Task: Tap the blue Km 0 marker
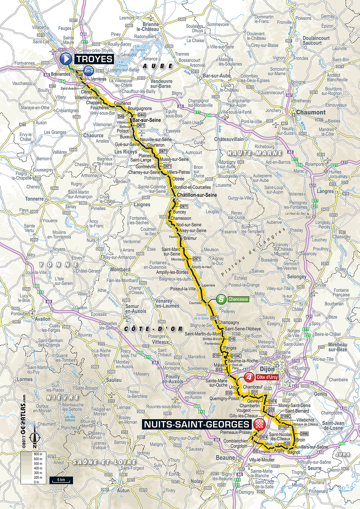coord(89,71)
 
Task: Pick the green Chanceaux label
coord(238,299)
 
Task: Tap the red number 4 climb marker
coord(249,377)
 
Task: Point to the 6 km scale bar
coord(61,480)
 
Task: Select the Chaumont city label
coord(311,112)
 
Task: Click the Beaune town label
coord(225,458)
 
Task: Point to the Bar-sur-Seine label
coord(146,120)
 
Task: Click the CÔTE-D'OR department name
coord(154,329)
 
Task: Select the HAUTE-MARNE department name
coord(255,153)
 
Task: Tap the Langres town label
coord(325,191)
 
